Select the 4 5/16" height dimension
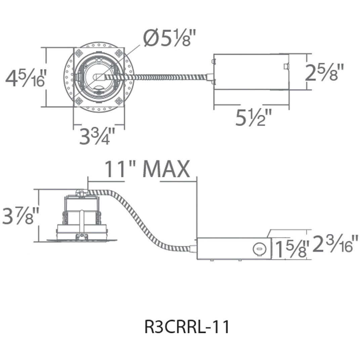(x=25, y=78)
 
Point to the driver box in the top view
(x=251, y=72)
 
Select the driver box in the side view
(x=234, y=249)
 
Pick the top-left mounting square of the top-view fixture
(x=79, y=53)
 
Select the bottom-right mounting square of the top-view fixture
(x=119, y=101)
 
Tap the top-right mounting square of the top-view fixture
(x=119, y=53)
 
